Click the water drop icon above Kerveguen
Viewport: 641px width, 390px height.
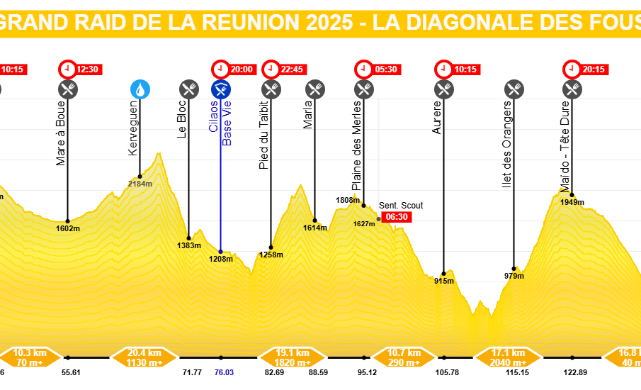(140, 89)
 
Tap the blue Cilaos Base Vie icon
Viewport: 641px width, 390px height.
(220, 89)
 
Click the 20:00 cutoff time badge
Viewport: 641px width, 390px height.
(233, 69)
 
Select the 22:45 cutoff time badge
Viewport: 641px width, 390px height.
(283, 69)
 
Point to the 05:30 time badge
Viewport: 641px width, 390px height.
(375, 69)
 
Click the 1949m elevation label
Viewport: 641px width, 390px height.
(572, 202)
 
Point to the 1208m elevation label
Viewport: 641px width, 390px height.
(220, 259)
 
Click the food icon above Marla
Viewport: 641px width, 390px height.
(315, 89)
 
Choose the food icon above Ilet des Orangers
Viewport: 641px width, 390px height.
(514, 89)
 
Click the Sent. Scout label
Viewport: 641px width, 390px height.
(401, 206)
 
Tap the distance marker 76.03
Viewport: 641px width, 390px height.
(221, 372)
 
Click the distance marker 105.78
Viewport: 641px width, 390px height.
(444, 372)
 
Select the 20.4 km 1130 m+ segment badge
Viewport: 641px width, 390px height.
(145, 357)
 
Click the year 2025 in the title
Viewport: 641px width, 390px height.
(329, 22)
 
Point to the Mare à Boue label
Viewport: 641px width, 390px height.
(61, 138)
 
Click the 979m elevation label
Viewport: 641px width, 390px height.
(514, 276)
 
